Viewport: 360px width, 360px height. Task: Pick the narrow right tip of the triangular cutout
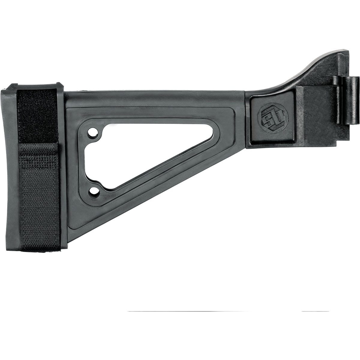212,132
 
